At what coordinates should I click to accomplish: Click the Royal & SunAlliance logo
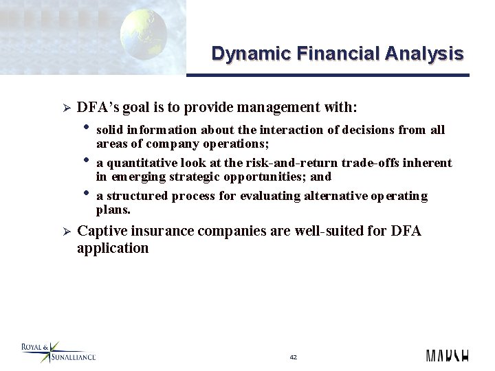58,352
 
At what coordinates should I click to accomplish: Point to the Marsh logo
447,356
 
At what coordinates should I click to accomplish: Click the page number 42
294,357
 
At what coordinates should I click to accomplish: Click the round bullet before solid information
87,126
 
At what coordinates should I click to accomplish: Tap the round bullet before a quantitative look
87,159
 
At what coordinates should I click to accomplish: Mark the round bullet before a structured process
87,192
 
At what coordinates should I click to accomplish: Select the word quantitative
140,163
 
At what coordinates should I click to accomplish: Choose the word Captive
102,231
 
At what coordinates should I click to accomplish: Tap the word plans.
113,210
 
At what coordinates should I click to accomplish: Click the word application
113,248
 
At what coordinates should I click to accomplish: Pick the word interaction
244,130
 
